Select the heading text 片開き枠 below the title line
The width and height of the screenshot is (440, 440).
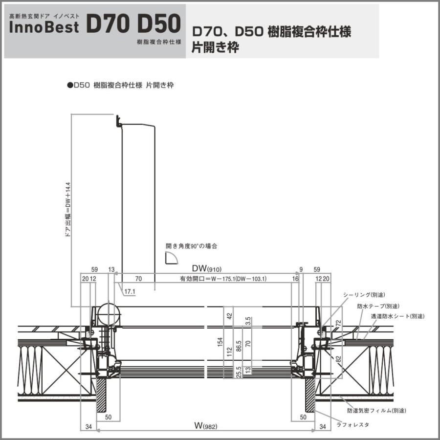click(215, 48)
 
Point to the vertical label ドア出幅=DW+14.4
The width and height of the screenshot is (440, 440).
click(67, 209)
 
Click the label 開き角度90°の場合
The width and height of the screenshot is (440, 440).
click(191, 246)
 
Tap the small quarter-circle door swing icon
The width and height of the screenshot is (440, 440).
click(171, 259)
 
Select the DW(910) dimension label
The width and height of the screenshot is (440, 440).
click(206, 269)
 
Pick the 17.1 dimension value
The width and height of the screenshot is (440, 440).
click(130, 292)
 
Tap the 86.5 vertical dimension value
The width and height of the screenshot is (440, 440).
click(238, 348)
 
